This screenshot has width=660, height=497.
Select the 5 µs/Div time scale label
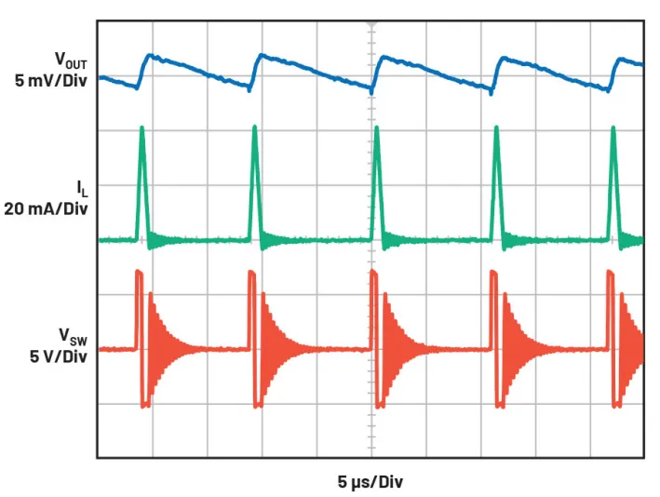[x=370, y=482]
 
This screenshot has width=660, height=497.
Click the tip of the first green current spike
[x=141, y=127]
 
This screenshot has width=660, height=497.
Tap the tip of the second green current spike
[x=254, y=128]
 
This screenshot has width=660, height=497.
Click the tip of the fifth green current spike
[x=613, y=128]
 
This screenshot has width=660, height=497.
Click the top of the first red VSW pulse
[x=140, y=272]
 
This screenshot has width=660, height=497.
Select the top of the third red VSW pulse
[x=372, y=273]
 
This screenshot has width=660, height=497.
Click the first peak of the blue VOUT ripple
[x=150, y=55]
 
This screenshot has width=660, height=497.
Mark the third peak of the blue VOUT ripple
[x=383, y=55]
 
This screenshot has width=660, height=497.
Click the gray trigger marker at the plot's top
[x=371, y=20]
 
